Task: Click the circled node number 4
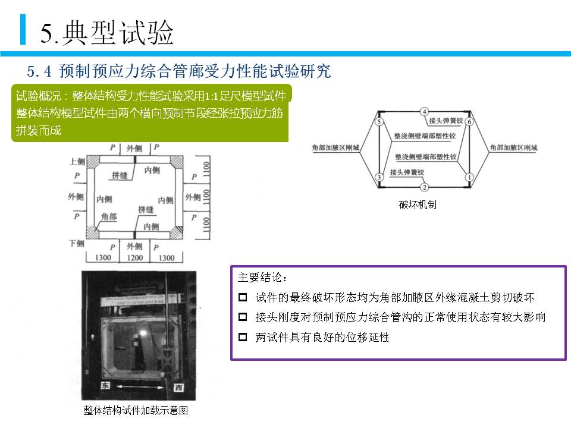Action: (424, 111)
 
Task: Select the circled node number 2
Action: (424, 187)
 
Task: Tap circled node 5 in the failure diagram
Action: (379, 122)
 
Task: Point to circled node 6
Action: (469, 122)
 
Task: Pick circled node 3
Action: (379, 177)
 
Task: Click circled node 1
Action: (469, 177)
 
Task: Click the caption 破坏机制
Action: (418, 204)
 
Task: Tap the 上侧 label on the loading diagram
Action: (78, 161)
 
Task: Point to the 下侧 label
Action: (77, 244)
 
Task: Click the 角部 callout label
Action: (109, 217)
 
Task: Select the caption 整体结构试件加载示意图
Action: (136, 411)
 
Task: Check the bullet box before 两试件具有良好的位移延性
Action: (242, 337)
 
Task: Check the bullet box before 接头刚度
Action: (242, 317)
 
